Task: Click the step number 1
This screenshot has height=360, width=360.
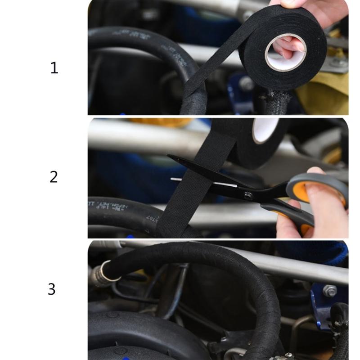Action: (x=54, y=68)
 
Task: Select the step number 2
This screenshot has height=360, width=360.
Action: (x=54, y=177)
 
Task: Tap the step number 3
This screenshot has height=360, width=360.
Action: (x=52, y=289)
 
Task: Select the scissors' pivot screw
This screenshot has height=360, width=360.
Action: (x=247, y=195)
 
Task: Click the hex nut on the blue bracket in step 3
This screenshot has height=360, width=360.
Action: (x=329, y=291)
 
